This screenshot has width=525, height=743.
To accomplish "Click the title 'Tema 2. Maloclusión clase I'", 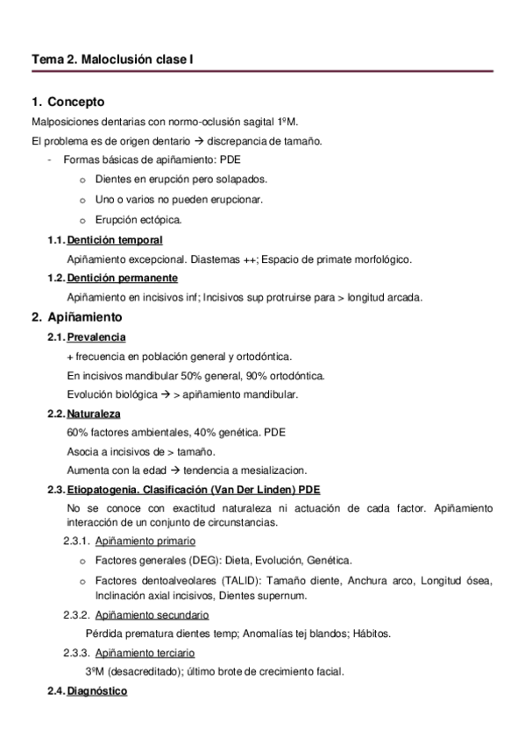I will point(112,59).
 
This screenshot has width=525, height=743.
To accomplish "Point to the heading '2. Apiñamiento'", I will point(78,316).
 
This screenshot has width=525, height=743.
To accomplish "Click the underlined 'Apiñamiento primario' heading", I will point(145,541).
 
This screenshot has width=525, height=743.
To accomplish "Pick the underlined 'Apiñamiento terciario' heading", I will point(145,653).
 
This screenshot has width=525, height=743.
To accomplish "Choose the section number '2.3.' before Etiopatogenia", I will point(55,488).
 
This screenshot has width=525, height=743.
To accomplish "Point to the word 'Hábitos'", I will point(372,633).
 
